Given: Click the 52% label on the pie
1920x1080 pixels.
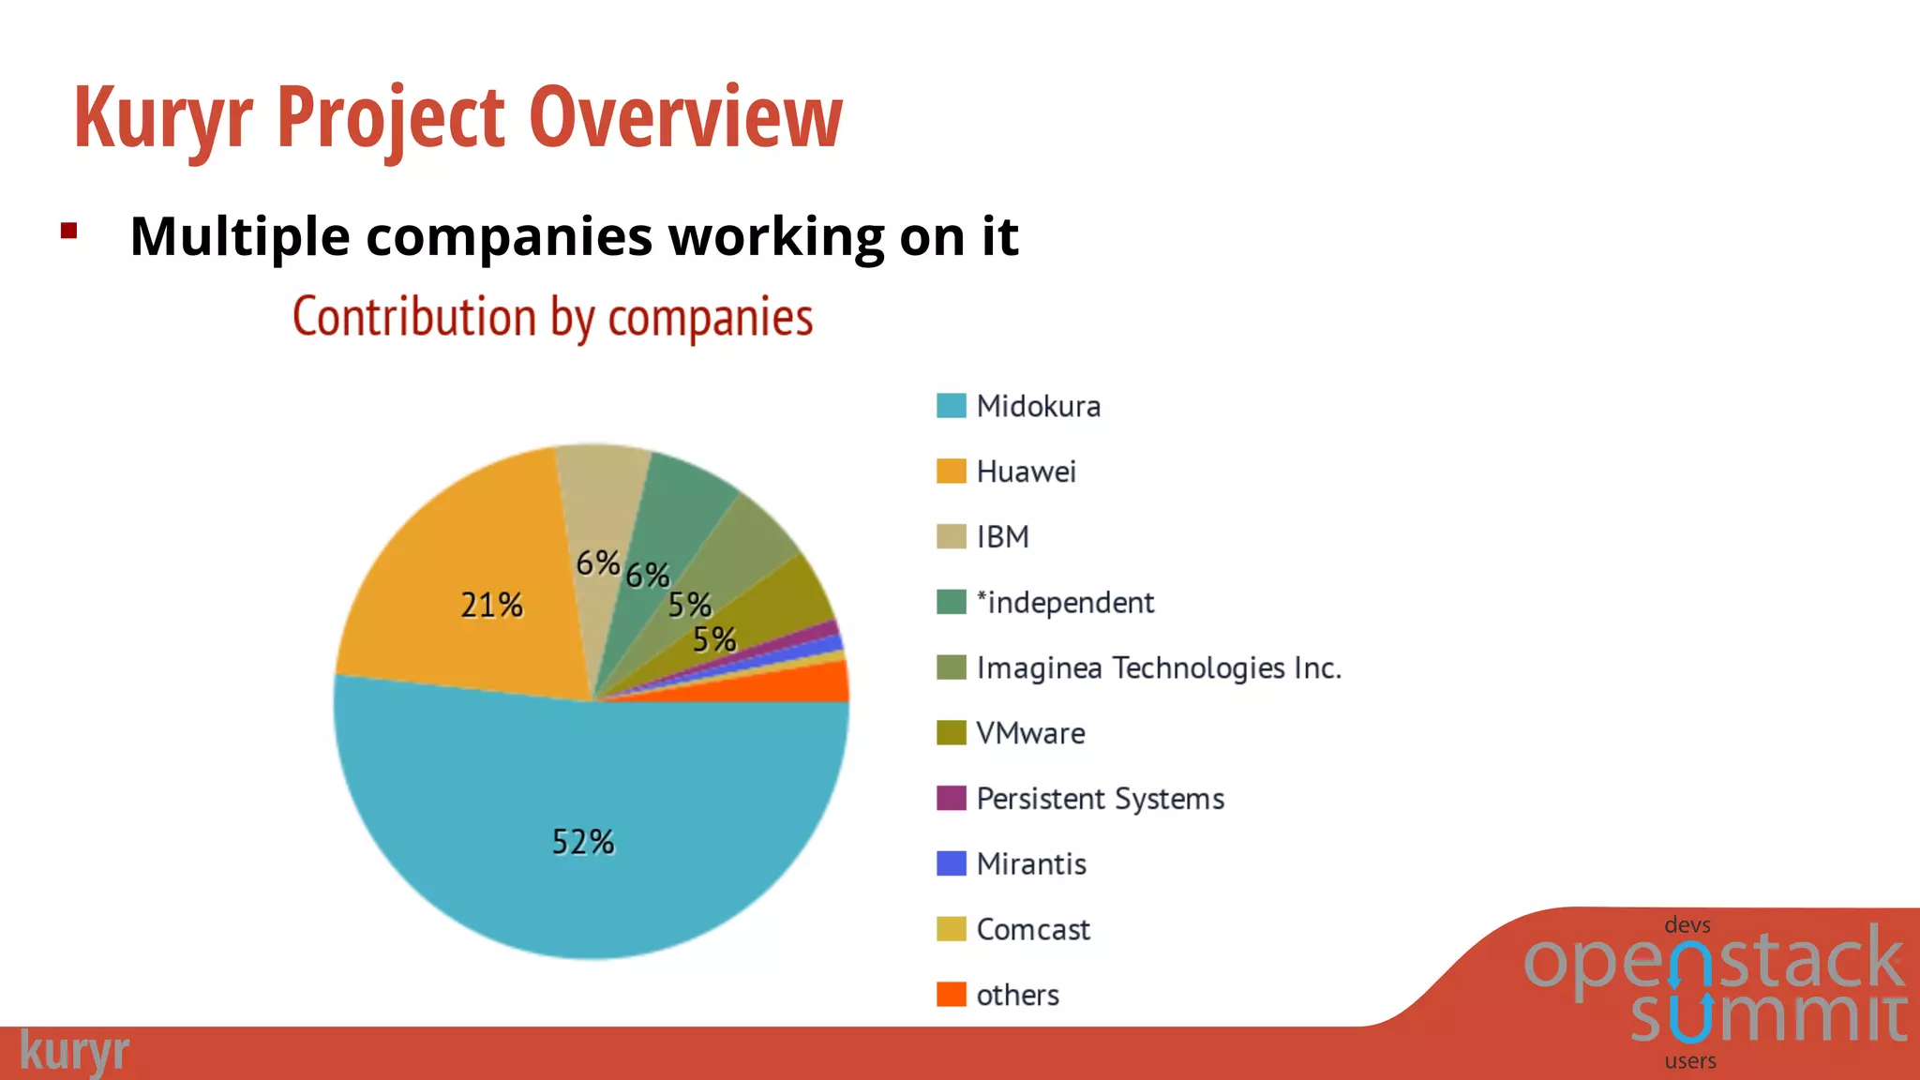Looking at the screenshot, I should pyautogui.click(x=583, y=842).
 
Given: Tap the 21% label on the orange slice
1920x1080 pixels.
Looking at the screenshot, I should pyautogui.click(x=491, y=606).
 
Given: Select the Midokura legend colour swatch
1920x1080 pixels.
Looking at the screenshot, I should pyautogui.click(x=951, y=406).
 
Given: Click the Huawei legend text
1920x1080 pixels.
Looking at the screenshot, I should pyautogui.click(x=1026, y=472).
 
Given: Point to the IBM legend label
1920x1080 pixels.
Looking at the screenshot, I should pyautogui.click(x=1002, y=537).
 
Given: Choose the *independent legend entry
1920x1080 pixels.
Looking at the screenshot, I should pyautogui.click(x=1065, y=603).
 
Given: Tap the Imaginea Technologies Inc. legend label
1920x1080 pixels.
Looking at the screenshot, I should pyautogui.click(x=1159, y=668).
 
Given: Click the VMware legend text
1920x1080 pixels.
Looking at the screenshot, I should pyautogui.click(x=1030, y=733).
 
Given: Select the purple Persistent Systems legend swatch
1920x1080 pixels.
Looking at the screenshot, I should pyautogui.click(x=951, y=798).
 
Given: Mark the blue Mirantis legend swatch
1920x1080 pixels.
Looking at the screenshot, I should pyautogui.click(x=951, y=863).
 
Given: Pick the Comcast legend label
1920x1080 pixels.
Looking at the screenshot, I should pyautogui.click(x=1033, y=930).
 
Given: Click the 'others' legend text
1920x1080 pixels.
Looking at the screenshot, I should pyautogui.click(x=1017, y=995).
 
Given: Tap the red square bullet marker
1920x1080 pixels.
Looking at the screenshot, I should pyautogui.click(x=68, y=231).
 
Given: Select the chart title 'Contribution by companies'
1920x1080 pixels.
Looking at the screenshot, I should pyautogui.click(x=552, y=317).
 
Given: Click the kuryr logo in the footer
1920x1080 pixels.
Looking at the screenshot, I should pyautogui.click(x=74, y=1052).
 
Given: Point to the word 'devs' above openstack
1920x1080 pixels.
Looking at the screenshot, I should pyautogui.click(x=1687, y=925).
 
